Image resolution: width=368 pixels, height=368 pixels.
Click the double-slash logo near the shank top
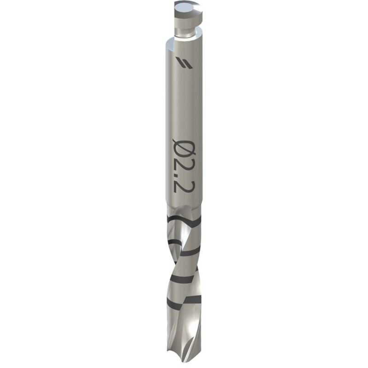tap(181, 62)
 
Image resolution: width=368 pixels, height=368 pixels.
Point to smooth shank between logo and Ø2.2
tap(182, 101)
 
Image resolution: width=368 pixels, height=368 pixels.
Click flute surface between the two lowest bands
tap(184, 291)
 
